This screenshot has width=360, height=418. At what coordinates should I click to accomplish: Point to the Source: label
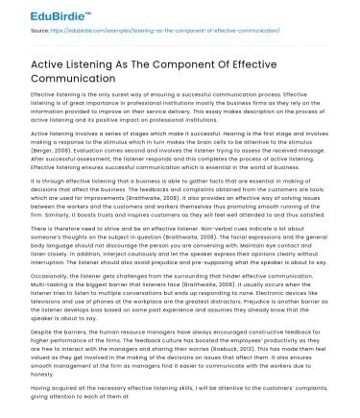click(x=41, y=33)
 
